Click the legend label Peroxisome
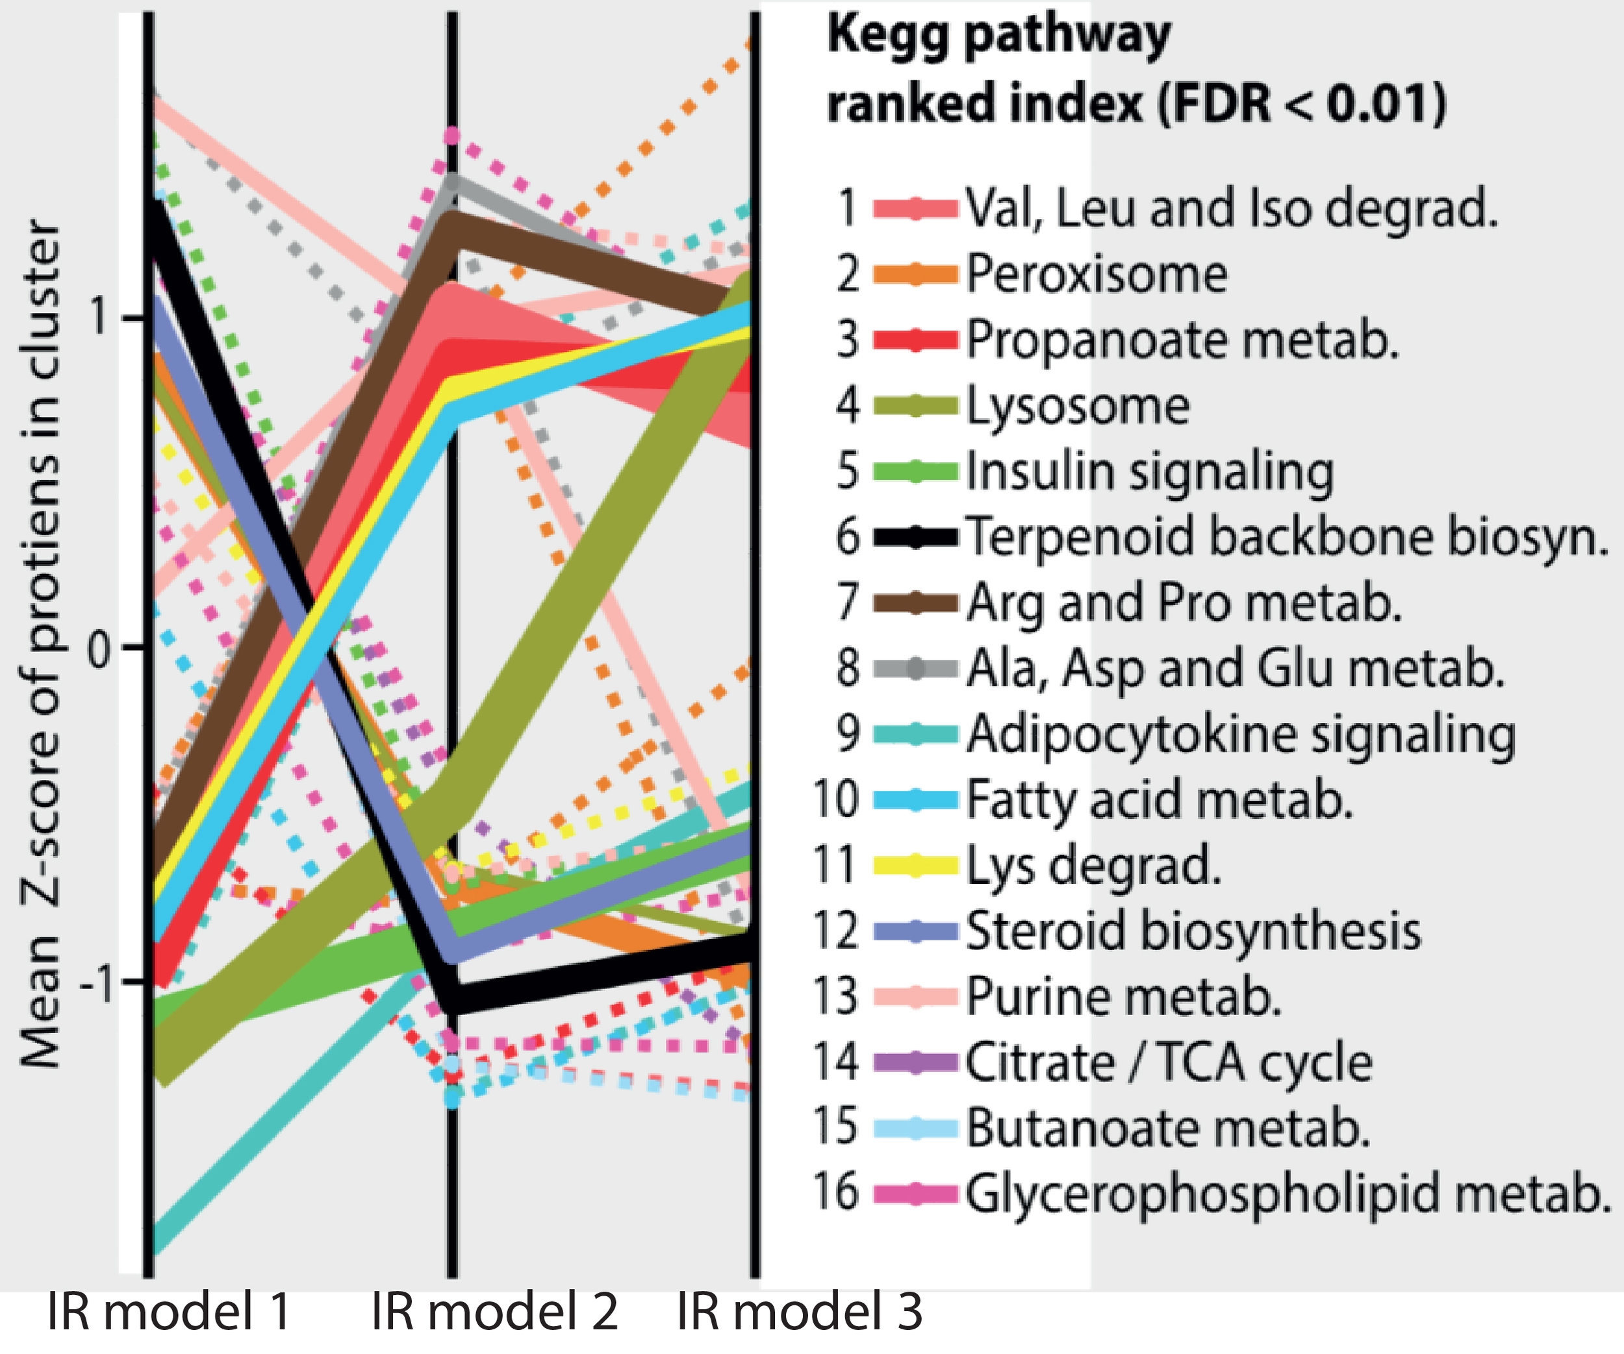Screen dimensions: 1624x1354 pyautogui.click(x=1097, y=274)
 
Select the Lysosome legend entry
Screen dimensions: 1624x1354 pyautogui.click(x=1077, y=405)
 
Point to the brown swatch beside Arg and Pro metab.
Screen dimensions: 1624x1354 pyautogui.click(x=916, y=603)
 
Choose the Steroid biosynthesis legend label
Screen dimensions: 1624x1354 pyautogui.click(x=1193, y=930)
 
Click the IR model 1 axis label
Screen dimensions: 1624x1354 pyautogui.click(x=170, y=1312)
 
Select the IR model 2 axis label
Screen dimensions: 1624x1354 pyautogui.click(x=495, y=1312)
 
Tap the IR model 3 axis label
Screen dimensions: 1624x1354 pyautogui.click(x=800, y=1312)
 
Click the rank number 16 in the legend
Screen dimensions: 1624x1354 pyautogui.click(x=835, y=1191)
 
